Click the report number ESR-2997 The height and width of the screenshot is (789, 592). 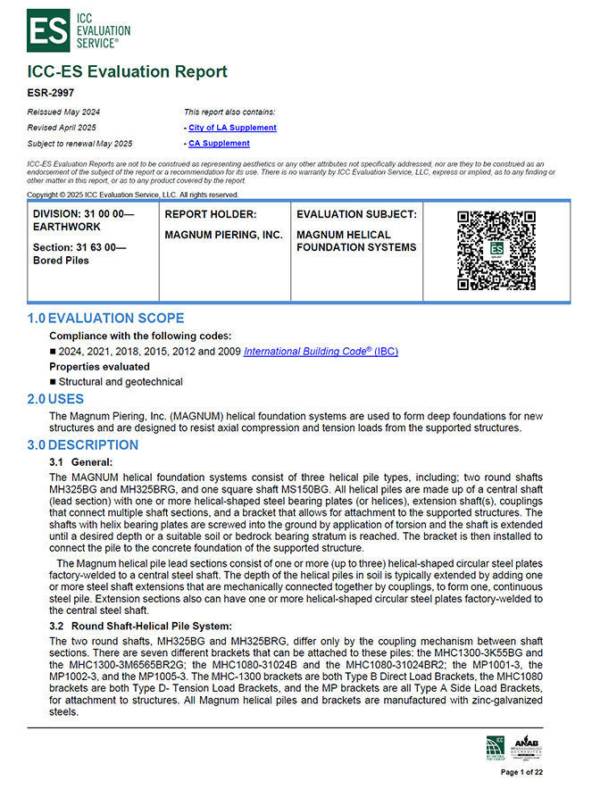click(52, 91)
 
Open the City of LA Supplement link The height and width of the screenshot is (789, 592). click(232, 128)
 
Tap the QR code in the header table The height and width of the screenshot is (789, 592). click(496, 250)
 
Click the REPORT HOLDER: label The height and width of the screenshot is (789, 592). click(211, 214)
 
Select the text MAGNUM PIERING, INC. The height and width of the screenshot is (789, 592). click(223, 235)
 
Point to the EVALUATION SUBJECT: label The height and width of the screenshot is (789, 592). click(356, 214)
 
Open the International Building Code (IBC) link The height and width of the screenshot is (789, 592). click(321, 351)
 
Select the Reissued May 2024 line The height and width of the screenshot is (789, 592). click(64, 112)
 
